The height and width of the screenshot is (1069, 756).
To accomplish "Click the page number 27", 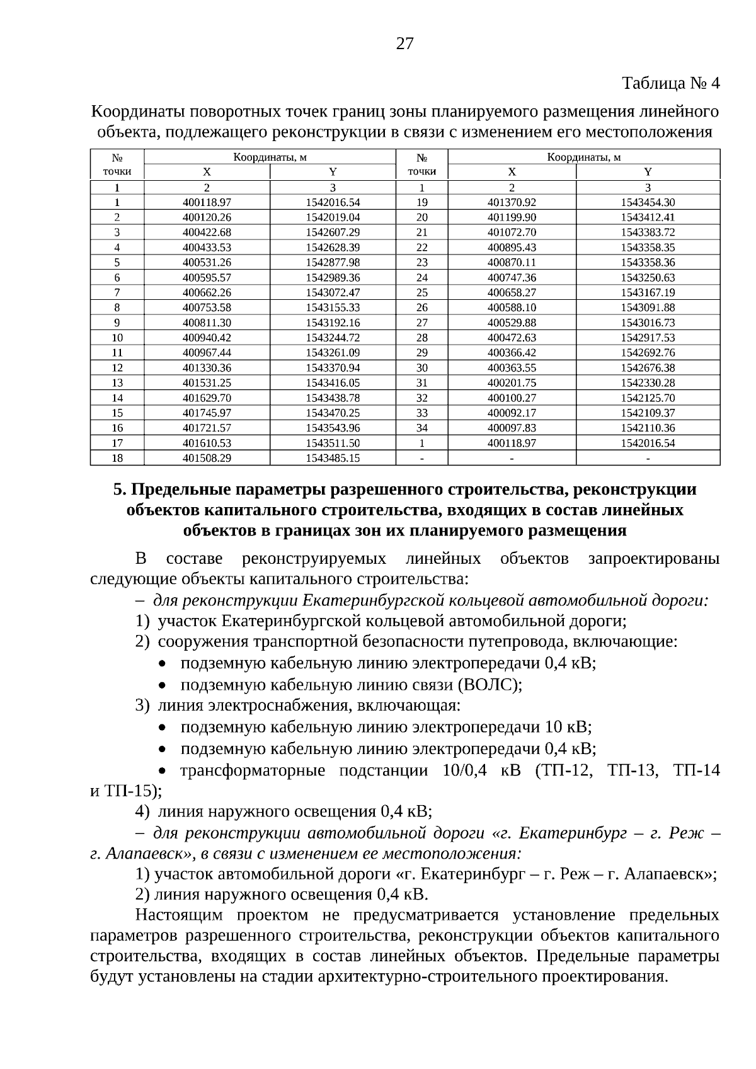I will (x=404, y=43).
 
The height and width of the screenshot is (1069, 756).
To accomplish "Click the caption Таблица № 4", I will (x=670, y=83).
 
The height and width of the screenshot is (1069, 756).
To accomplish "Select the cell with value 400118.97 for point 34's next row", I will (x=512, y=443).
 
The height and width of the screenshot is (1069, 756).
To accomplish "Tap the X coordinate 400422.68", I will (x=207, y=232).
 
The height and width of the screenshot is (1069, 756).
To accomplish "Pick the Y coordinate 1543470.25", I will (x=333, y=413).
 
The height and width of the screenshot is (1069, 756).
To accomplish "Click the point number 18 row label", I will (x=117, y=458).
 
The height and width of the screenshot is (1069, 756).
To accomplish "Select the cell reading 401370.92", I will (x=512, y=202).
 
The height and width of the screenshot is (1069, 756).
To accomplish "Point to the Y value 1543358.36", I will (x=648, y=262).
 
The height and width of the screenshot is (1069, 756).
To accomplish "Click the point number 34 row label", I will (x=421, y=428).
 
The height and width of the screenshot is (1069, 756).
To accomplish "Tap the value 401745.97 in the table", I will (x=207, y=413).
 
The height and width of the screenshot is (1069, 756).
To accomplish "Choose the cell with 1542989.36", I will (x=333, y=277).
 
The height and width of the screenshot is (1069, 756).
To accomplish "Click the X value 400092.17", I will (x=512, y=413).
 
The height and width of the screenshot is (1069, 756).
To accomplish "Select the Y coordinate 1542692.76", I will (x=648, y=353).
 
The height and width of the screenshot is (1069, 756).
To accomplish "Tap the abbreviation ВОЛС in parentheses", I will (x=489, y=685).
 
